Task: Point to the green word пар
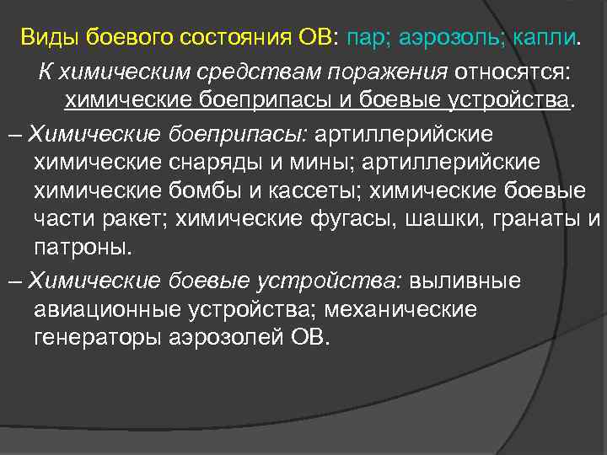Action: (x=365, y=37)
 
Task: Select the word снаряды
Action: (x=215, y=162)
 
